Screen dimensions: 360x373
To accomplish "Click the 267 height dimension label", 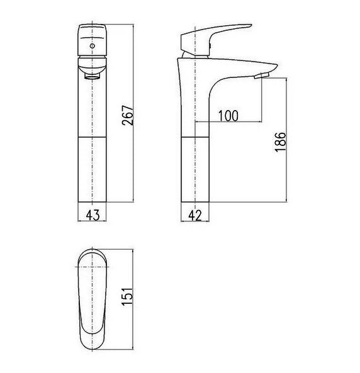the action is click(x=128, y=115).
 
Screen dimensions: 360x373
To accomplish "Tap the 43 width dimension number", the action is click(x=93, y=215).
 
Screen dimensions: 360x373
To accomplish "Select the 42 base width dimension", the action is click(x=195, y=216).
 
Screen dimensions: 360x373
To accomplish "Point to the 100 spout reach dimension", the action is click(x=228, y=116).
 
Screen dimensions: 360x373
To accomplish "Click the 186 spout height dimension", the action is click(x=280, y=142).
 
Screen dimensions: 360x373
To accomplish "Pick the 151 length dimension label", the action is click(x=127, y=296).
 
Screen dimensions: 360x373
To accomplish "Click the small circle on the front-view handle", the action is click(x=93, y=46).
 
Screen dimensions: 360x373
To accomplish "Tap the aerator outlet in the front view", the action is click(x=92, y=76).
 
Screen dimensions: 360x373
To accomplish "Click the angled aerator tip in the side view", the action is click(x=261, y=75).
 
